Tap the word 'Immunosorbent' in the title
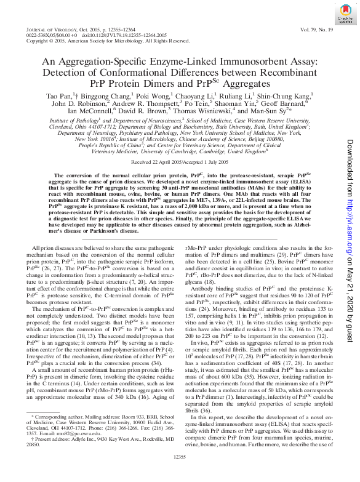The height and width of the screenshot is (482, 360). click(247, 63)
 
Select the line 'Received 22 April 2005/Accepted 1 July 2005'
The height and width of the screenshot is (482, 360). click(180, 162)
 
